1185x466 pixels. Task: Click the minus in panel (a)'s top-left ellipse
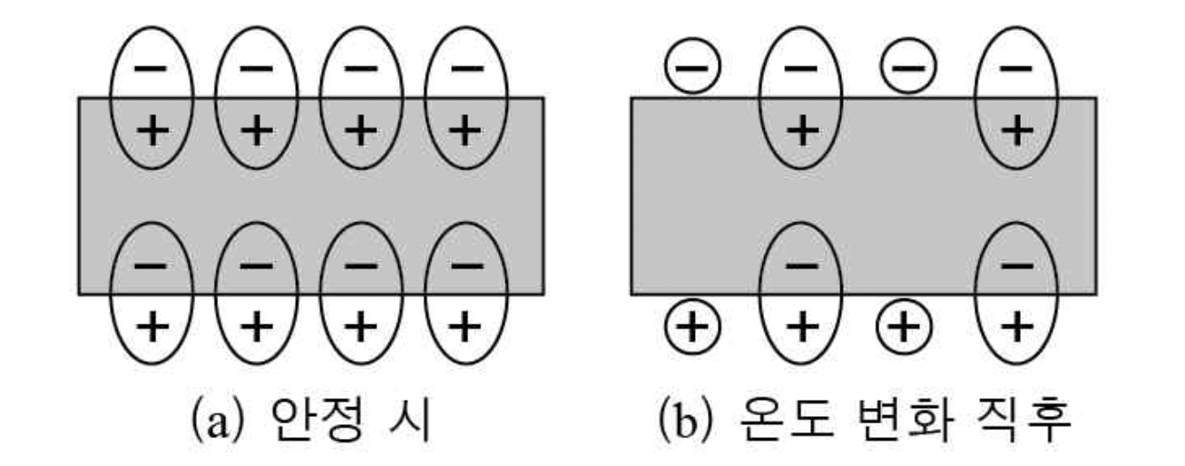pyautogui.click(x=152, y=69)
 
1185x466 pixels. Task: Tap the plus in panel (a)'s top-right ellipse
pyautogui.click(x=465, y=131)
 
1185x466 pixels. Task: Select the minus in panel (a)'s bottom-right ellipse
pyautogui.click(x=465, y=266)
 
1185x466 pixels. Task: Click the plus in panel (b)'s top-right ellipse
pyautogui.click(x=1015, y=131)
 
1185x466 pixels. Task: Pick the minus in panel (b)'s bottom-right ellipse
pyautogui.click(x=1015, y=266)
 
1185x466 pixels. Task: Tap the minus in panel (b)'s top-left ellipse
pyautogui.click(x=799, y=69)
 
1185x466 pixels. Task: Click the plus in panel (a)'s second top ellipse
pyautogui.click(x=257, y=131)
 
